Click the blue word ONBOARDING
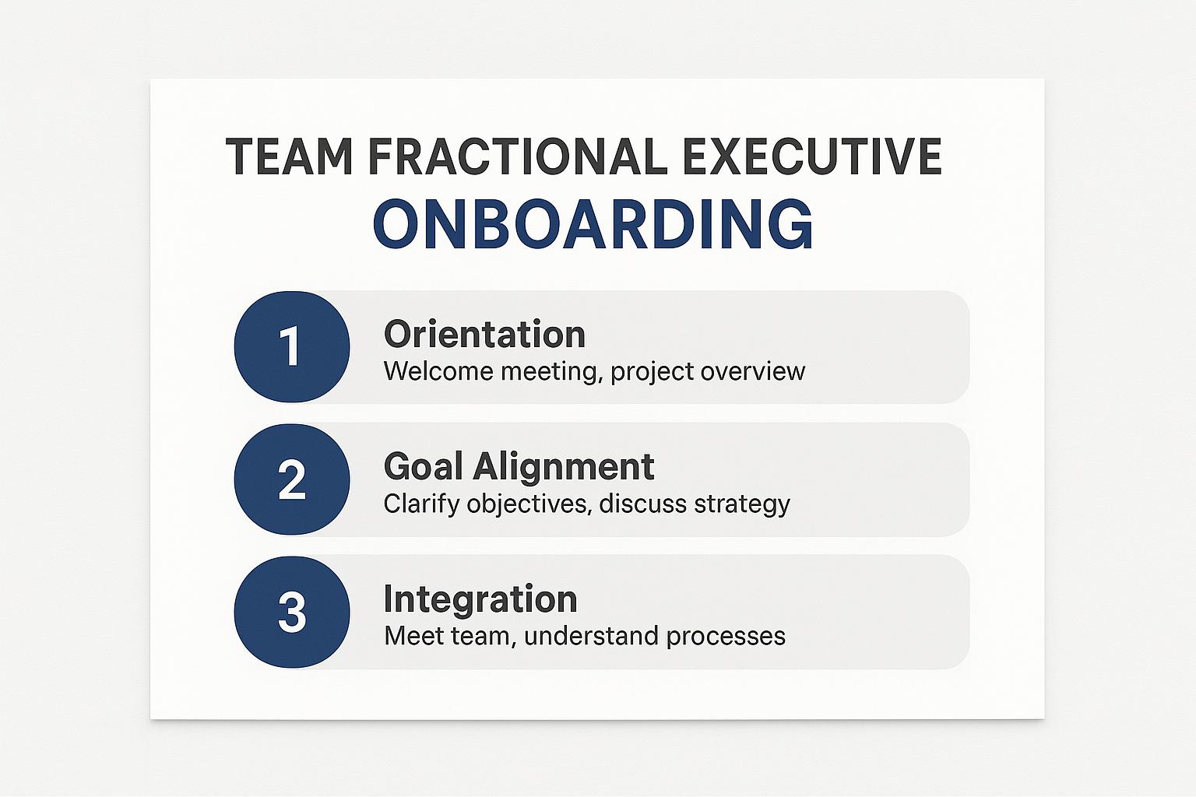593,224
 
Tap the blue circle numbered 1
292,346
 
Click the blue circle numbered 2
292,479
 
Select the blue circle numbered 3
292,612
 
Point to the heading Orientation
485,334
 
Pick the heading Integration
480,600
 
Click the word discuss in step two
643,504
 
